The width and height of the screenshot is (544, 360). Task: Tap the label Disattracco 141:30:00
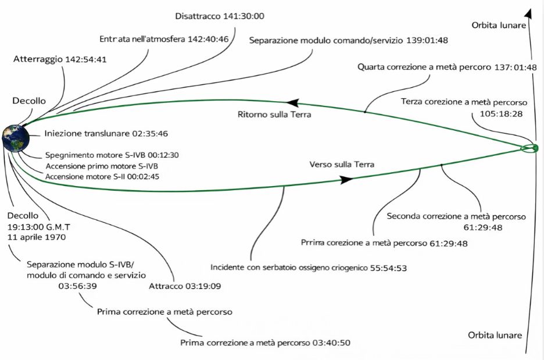click(x=220, y=16)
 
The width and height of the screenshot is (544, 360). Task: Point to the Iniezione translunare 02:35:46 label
click(x=106, y=134)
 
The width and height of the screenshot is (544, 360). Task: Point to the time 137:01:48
click(x=514, y=67)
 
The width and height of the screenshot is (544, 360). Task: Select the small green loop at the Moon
click(x=530, y=148)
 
